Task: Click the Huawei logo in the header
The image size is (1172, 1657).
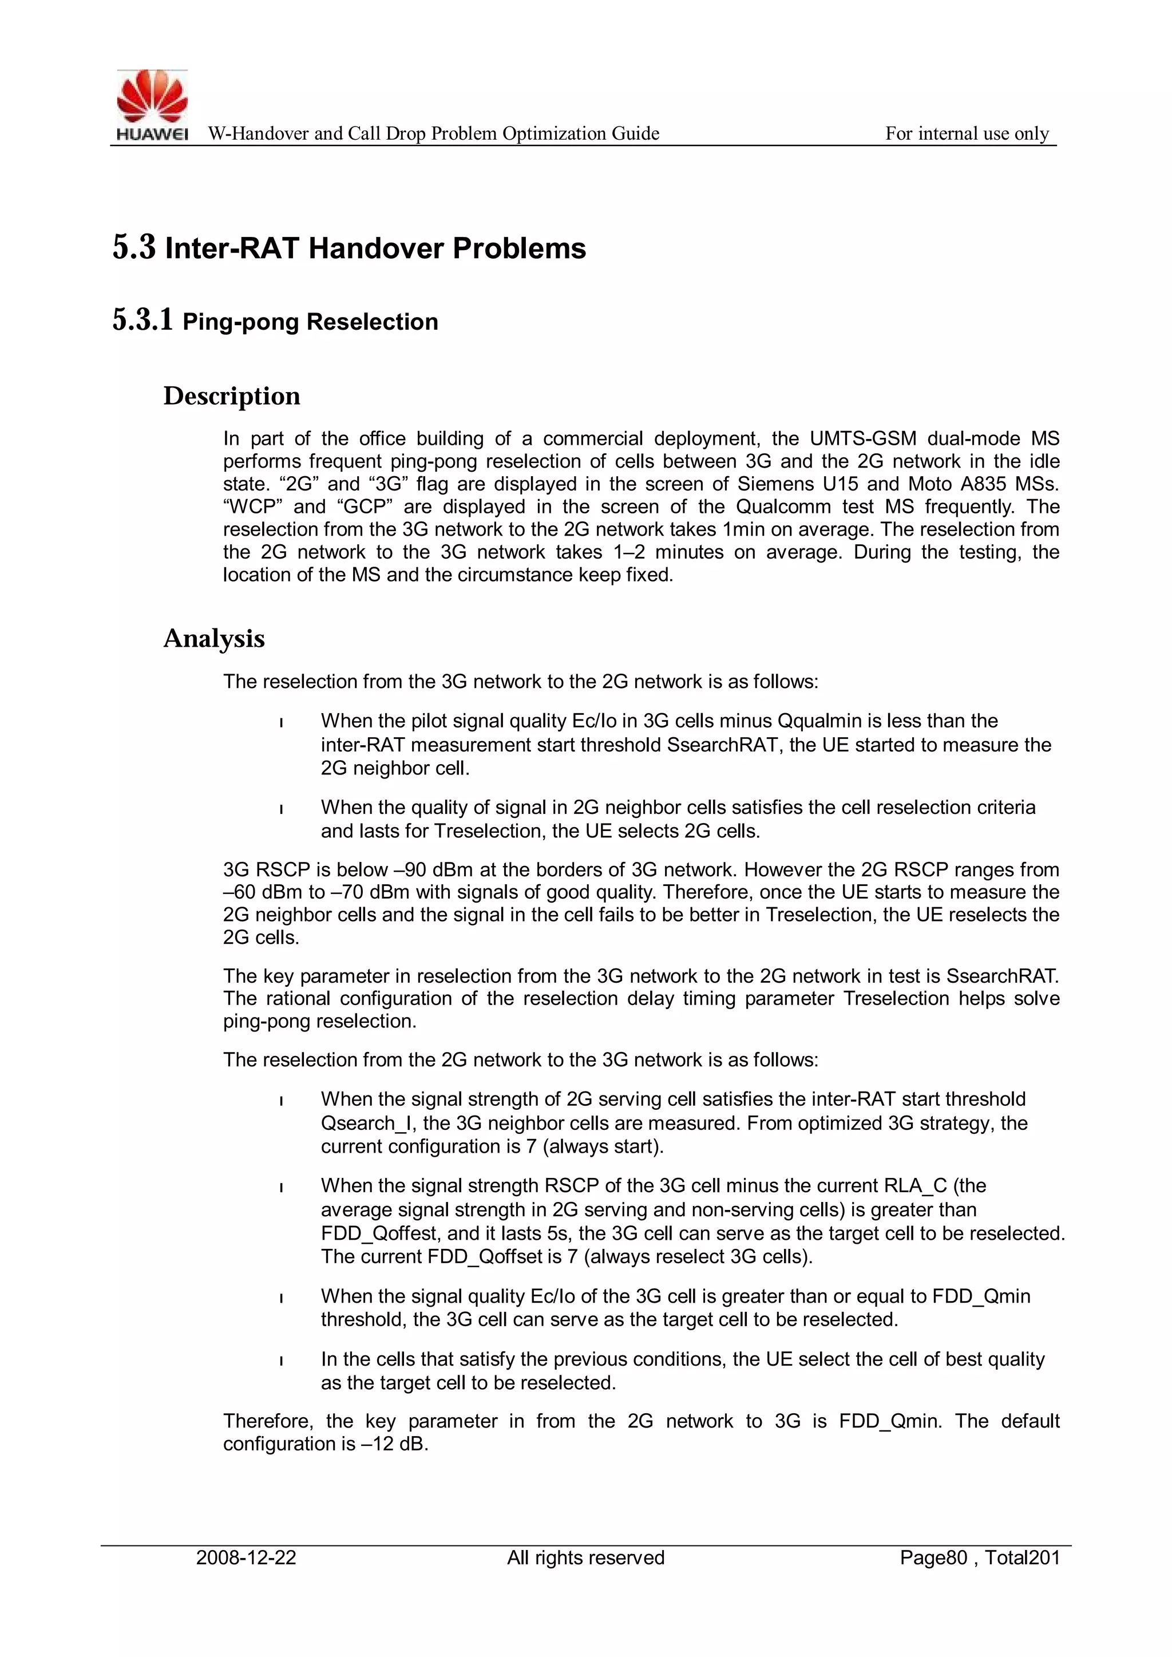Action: [x=152, y=105]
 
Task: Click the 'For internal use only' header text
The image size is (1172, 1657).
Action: [x=967, y=133]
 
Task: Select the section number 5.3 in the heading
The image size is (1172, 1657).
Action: [x=134, y=247]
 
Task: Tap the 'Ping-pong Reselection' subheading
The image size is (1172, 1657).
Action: [x=310, y=322]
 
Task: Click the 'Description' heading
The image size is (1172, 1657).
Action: [x=232, y=396]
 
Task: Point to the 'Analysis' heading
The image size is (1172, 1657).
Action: [x=215, y=639]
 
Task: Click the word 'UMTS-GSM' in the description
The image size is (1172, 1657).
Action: [x=862, y=439]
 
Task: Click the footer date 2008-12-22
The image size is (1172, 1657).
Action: [x=246, y=1558]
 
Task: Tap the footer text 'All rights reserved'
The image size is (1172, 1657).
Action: [x=585, y=1558]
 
